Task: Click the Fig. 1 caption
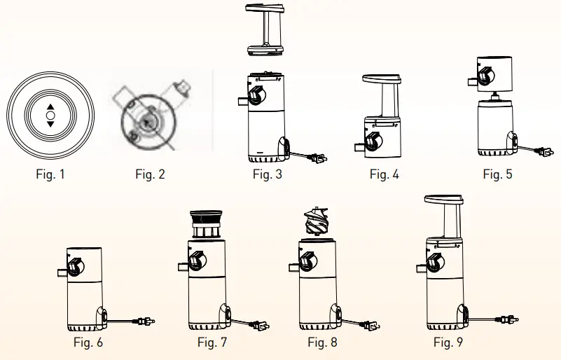pos(50,174)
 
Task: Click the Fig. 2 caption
pos(150,174)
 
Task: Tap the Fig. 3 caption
pos(268,174)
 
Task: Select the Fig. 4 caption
pos(385,174)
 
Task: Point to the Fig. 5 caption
pos(497,174)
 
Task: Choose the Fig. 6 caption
pos(88,342)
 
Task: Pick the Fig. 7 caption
pos(212,342)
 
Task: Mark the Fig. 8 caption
pos(322,342)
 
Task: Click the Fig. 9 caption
pos(448,342)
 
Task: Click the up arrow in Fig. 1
pos(50,106)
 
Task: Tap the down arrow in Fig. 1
pos(50,124)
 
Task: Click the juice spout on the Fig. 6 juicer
pos(62,269)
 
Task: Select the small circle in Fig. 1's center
pos(50,115)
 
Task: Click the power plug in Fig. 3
pos(317,159)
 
